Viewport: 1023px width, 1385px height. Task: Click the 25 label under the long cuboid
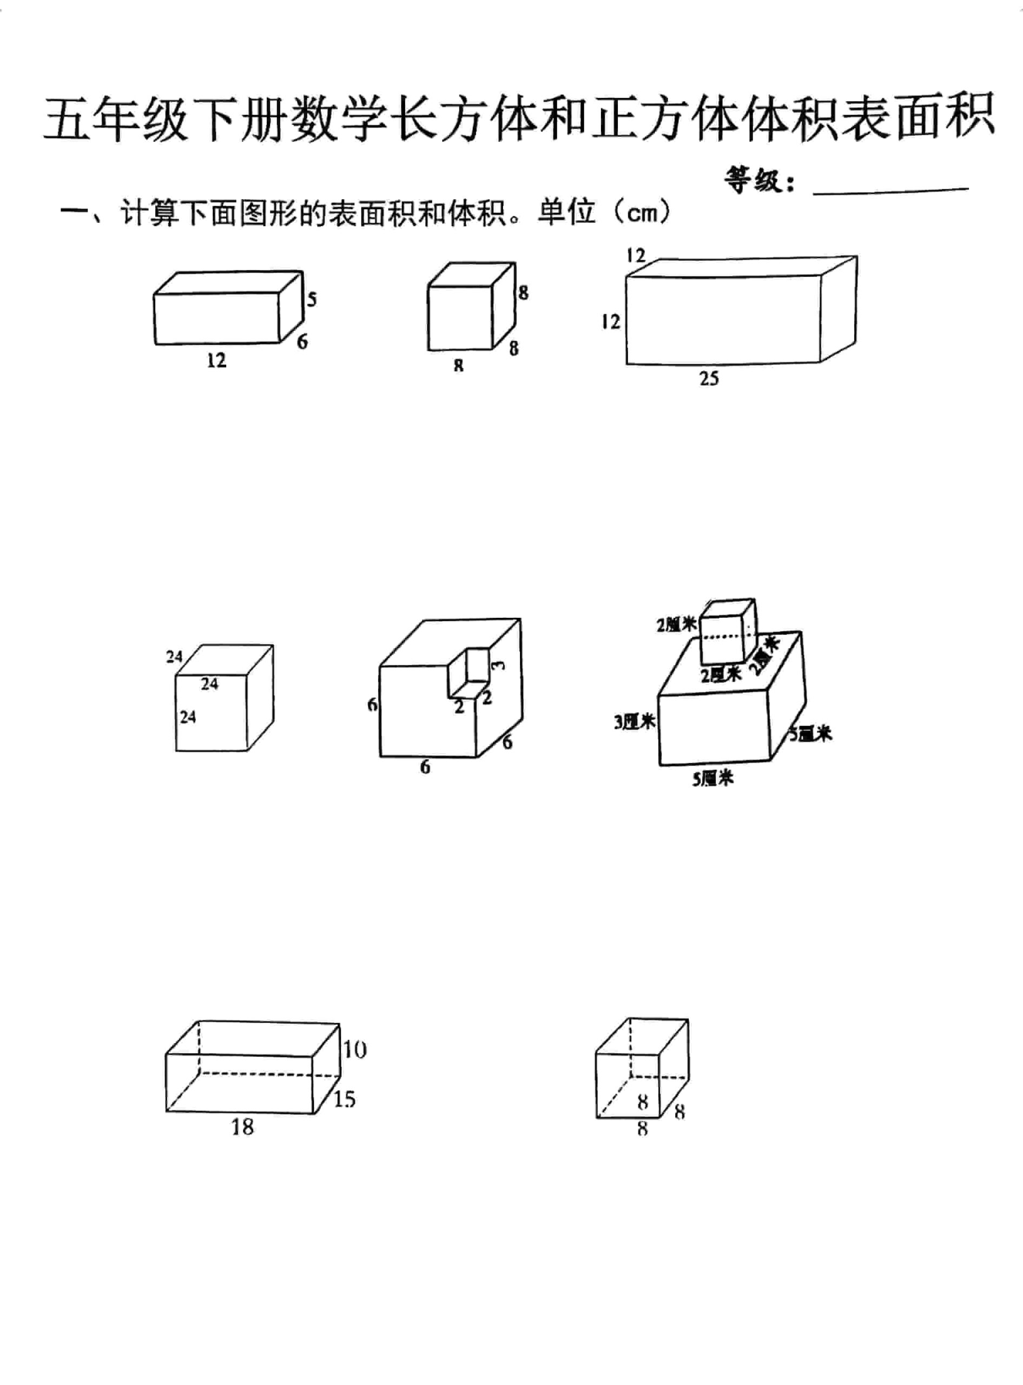click(709, 378)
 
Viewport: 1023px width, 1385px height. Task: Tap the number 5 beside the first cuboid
click(312, 300)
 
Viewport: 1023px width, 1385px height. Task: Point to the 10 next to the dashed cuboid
click(355, 1050)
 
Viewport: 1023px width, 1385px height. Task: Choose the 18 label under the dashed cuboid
click(242, 1127)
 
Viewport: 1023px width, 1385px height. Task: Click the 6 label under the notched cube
click(425, 767)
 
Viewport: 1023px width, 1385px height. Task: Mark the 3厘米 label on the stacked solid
click(634, 722)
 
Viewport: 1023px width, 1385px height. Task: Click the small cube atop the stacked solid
click(727, 631)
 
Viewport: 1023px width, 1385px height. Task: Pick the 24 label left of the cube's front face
click(188, 717)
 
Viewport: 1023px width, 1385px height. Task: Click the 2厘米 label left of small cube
click(676, 625)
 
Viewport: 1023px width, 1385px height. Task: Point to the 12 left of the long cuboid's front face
click(610, 321)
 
